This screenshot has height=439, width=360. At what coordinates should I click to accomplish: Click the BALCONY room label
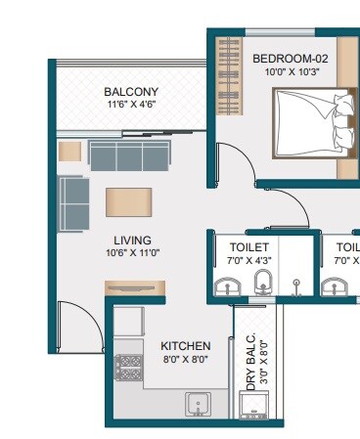point(131,93)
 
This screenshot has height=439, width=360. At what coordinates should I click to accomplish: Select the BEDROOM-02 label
point(290,59)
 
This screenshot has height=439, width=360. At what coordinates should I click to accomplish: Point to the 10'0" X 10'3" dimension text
point(290,71)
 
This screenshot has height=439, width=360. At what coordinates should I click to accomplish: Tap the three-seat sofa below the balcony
point(127,154)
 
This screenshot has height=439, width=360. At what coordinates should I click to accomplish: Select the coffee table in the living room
point(130,200)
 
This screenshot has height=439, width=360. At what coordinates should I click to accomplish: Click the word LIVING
point(131,240)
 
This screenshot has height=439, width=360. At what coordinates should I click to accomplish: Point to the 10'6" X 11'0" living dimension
point(131,252)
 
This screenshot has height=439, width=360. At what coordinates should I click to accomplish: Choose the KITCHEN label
point(186,346)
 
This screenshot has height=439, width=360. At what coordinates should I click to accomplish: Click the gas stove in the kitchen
point(128,367)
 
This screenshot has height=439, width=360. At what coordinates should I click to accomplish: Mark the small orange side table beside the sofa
point(69,151)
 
